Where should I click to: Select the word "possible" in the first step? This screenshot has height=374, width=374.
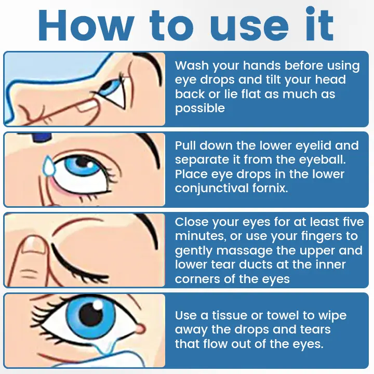point(200,109)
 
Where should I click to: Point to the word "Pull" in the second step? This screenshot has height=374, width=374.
point(186,145)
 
